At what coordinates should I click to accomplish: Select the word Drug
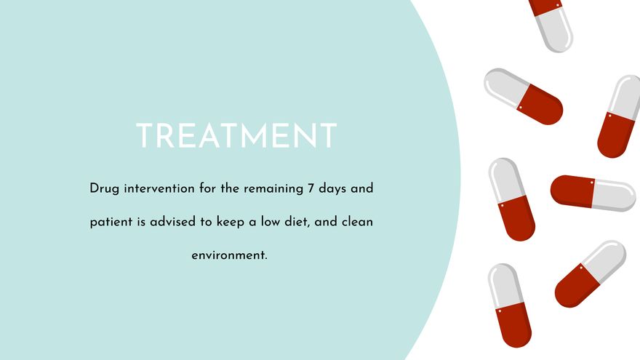(104, 189)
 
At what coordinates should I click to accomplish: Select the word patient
(111, 222)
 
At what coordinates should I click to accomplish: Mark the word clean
(357, 222)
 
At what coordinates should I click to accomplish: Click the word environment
(230, 255)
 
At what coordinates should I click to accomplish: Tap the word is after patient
(140, 222)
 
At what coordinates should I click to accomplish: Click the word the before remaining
(231, 189)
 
